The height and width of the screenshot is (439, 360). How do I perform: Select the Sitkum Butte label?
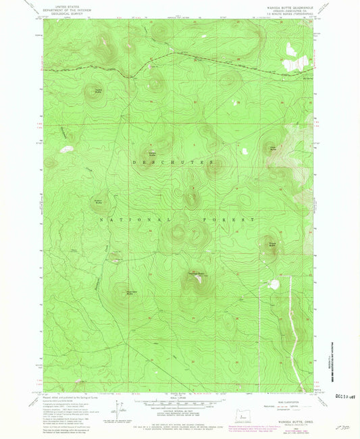[101, 203]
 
